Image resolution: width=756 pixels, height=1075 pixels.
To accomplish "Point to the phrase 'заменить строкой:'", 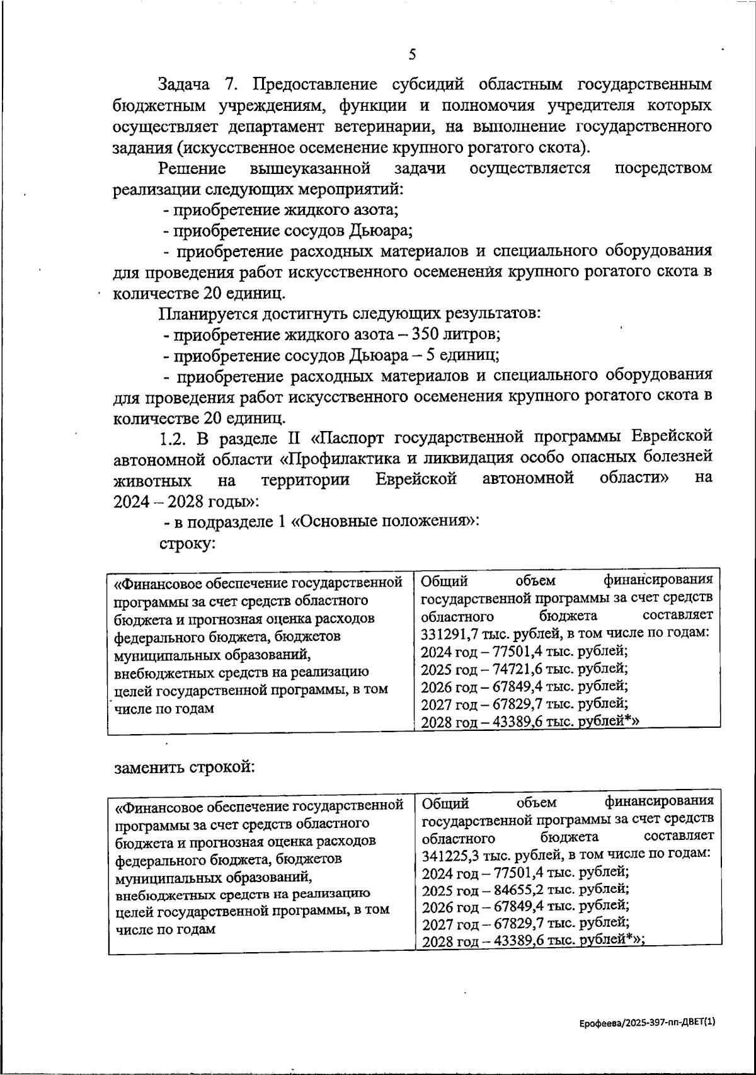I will [x=183, y=768].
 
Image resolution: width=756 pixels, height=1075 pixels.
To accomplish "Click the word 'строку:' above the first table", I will [x=188, y=544].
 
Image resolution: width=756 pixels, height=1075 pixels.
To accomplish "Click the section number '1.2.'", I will [x=171, y=437].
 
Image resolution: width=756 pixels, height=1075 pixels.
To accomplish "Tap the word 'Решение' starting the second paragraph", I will [x=192, y=168].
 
